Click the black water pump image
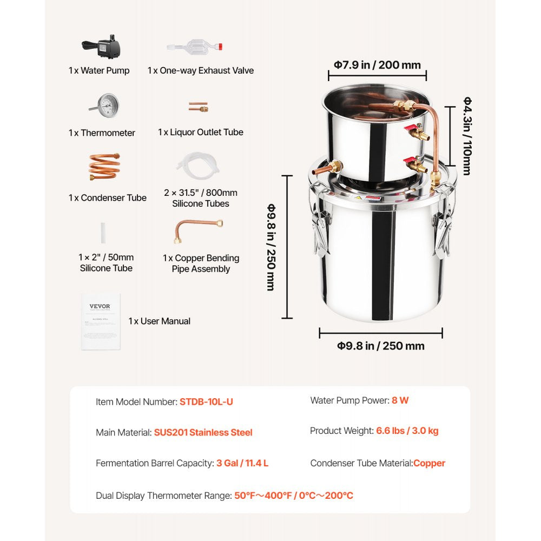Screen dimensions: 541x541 [x=102, y=49]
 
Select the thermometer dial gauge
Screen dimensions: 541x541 [x=107, y=105]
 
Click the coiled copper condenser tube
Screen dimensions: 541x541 [x=104, y=167]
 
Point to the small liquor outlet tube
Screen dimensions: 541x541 [x=198, y=107]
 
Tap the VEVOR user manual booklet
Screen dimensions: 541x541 [x=100, y=321]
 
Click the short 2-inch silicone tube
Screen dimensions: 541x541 [x=102, y=232]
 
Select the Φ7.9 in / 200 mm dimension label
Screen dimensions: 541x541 [x=377, y=65]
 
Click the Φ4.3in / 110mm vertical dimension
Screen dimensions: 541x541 [x=467, y=136]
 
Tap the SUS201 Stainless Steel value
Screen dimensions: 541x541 [x=203, y=432]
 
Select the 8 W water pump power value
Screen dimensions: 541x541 [x=400, y=401]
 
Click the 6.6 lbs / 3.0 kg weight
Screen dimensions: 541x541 [x=407, y=431]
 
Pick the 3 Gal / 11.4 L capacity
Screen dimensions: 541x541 [x=242, y=463]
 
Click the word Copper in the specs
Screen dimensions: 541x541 [x=429, y=463]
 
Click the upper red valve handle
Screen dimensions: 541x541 [x=412, y=129]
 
